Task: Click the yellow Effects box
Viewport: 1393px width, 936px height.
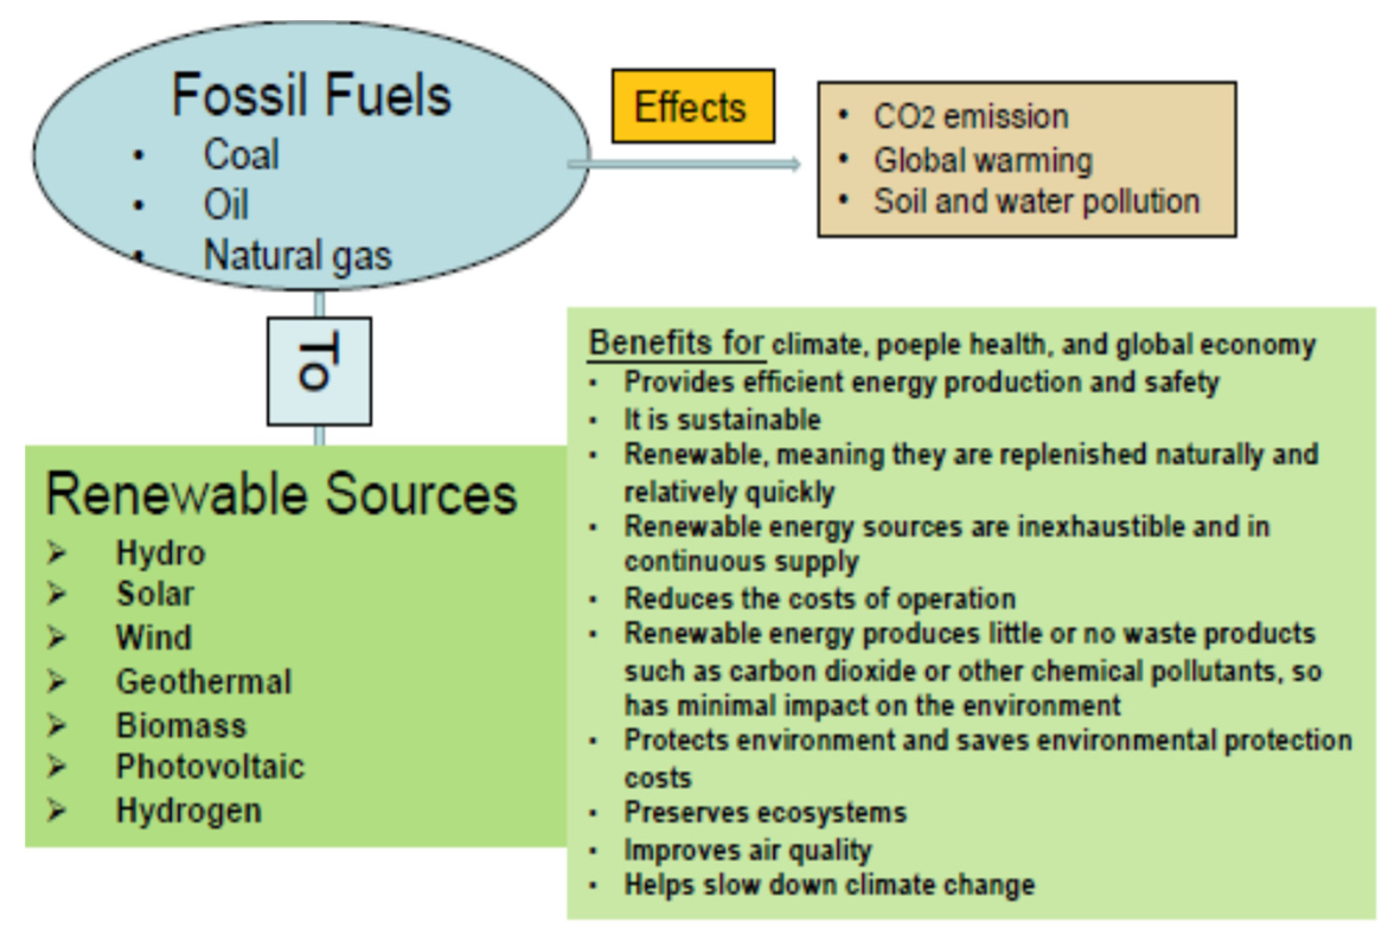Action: pyautogui.click(x=693, y=105)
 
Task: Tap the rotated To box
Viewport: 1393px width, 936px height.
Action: pyautogui.click(x=319, y=371)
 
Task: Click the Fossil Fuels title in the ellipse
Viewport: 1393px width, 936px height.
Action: pyautogui.click(x=311, y=94)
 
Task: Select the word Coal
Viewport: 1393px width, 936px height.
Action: pyautogui.click(x=241, y=154)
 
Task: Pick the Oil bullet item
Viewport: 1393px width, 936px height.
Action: pyautogui.click(x=226, y=204)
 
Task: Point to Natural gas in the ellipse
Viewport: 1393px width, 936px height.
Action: pyautogui.click(x=297, y=256)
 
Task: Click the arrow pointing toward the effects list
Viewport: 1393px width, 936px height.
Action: pyautogui.click(x=684, y=164)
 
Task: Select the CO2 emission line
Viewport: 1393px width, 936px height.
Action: pyautogui.click(x=971, y=116)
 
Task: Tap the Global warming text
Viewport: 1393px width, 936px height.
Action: pyautogui.click(x=983, y=160)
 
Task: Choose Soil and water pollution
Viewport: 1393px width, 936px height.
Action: pyautogui.click(x=1036, y=201)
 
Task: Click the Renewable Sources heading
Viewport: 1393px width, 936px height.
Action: pyautogui.click(x=281, y=494)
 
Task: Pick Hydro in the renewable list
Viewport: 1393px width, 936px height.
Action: pyautogui.click(x=161, y=553)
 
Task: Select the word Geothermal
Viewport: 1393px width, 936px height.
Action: pyautogui.click(x=204, y=682)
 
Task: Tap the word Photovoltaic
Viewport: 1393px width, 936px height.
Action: pyautogui.click(x=210, y=767)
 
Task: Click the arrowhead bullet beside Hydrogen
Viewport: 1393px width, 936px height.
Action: pyautogui.click(x=57, y=810)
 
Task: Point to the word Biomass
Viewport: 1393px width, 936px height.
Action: pyautogui.click(x=181, y=725)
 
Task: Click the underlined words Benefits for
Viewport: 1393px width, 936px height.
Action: pyautogui.click(x=676, y=343)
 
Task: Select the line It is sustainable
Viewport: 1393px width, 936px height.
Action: pyautogui.click(x=722, y=419)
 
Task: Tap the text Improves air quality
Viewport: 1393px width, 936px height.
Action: pyautogui.click(x=748, y=850)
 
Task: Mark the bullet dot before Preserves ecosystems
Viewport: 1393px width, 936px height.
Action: pyautogui.click(x=593, y=813)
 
